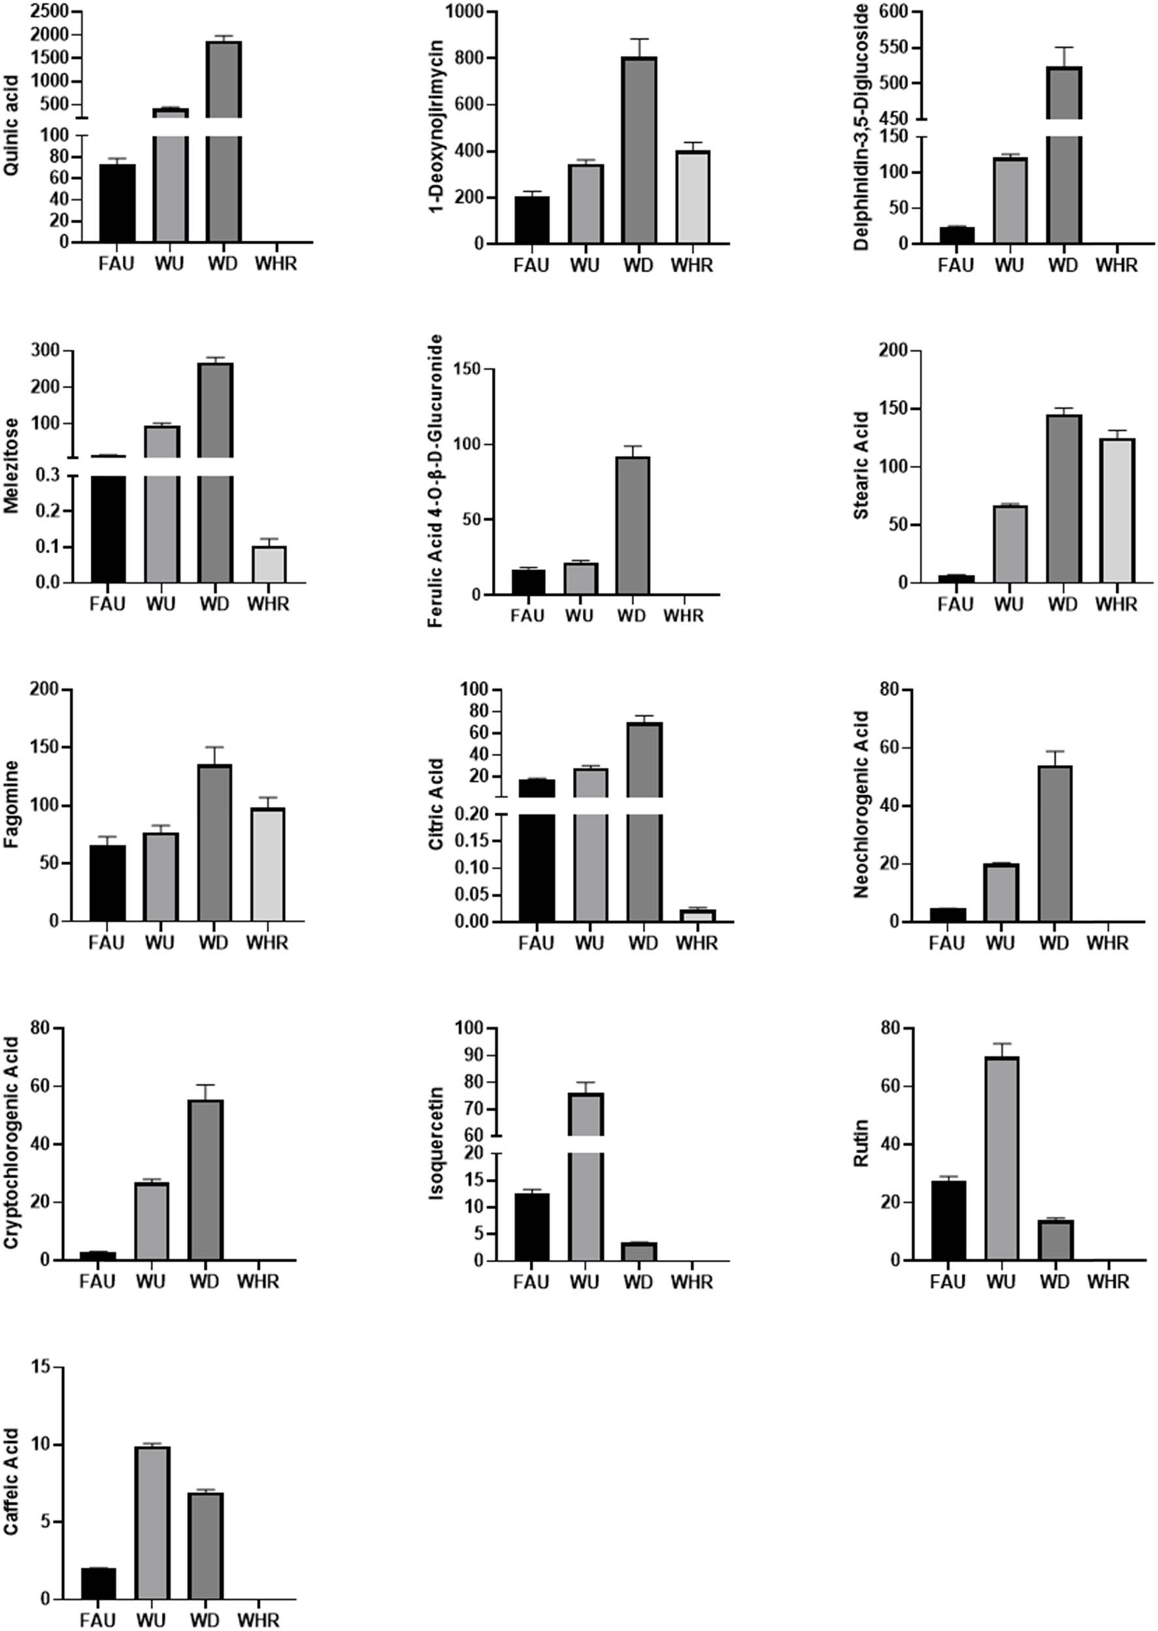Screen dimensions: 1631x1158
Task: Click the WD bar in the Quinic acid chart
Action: pyautogui.click(x=224, y=178)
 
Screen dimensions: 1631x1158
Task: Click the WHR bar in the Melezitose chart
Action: pyautogui.click(x=269, y=564)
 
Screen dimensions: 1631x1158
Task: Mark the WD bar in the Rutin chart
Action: pyautogui.click(x=1056, y=1240)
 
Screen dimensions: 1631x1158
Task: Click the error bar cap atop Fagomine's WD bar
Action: pyautogui.click(x=215, y=747)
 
